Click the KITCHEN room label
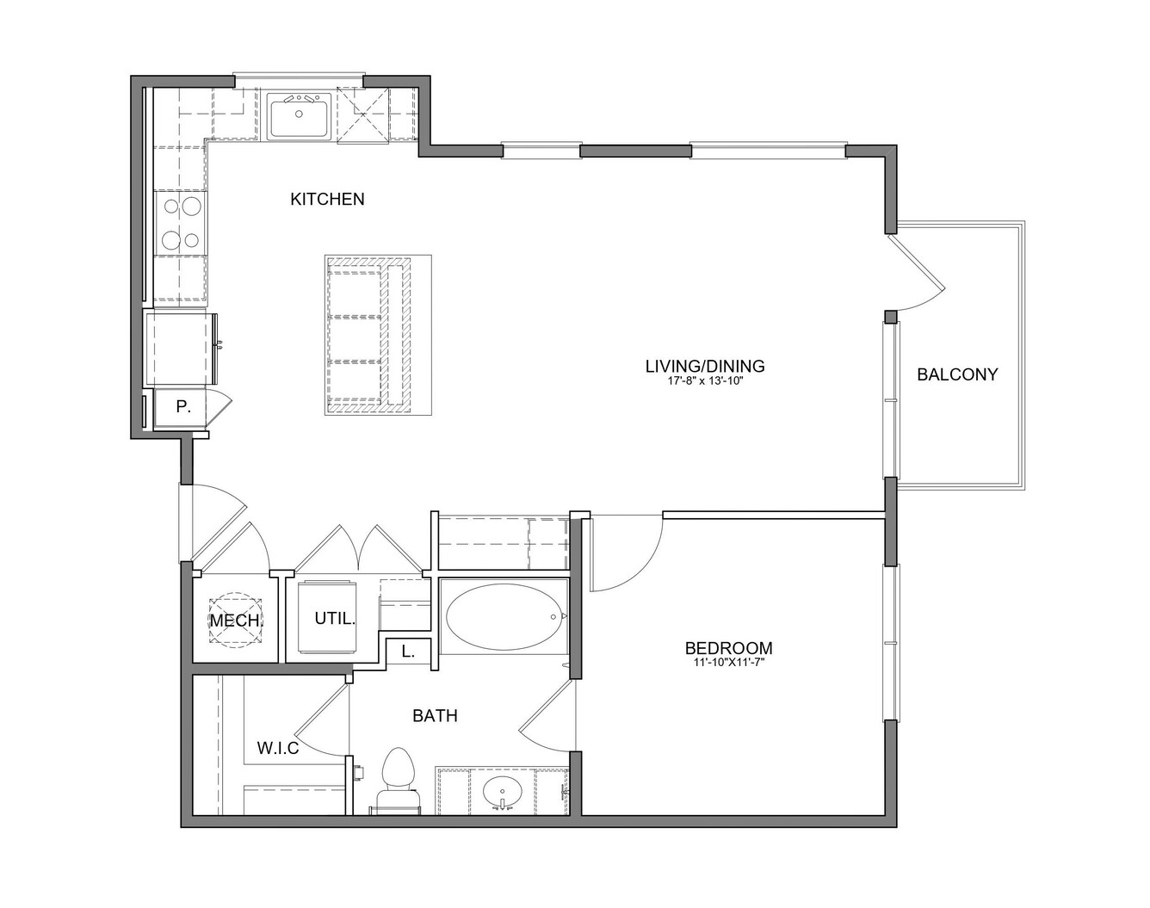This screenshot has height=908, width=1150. tap(327, 200)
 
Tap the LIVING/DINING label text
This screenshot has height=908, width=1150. tap(705, 366)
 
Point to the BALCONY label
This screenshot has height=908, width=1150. tap(957, 374)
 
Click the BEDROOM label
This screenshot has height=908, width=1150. tap(728, 648)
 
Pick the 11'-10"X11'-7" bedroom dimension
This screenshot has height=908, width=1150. tap(728, 663)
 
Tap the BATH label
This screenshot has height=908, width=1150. tap(435, 715)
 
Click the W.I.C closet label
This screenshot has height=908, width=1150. tap(278, 748)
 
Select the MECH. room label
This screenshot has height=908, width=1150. tap(236, 621)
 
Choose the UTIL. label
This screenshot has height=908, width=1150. tap(335, 619)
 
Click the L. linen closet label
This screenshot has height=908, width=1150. tap(408, 652)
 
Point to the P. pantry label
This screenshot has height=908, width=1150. tap(182, 407)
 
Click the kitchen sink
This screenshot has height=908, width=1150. tap(300, 116)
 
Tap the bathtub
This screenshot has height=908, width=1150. tap(504, 616)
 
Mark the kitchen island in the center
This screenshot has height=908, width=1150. tap(378, 335)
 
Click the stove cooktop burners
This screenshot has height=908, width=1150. tap(181, 224)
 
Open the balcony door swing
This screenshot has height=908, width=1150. tap(915, 274)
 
